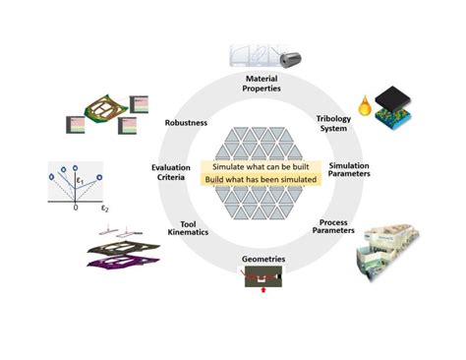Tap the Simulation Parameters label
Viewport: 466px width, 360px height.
pyautogui.click(x=349, y=171)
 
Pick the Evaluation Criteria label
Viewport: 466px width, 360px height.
pyautogui.click(x=170, y=173)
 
